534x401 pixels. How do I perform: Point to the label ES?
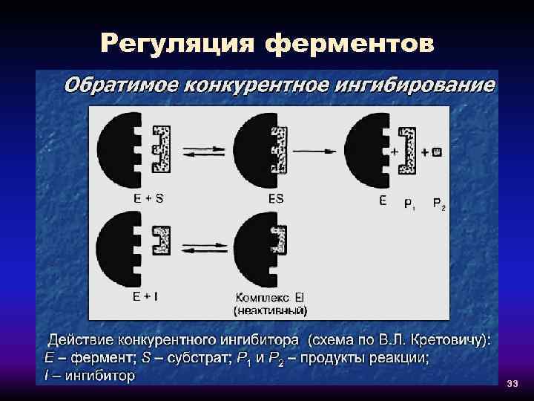coord(275,199)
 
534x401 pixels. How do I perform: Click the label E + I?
coord(145,296)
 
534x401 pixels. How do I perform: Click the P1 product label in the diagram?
coord(409,203)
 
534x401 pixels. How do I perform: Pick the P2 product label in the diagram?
coord(439,203)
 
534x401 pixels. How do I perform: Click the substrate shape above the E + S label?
coord(160,149)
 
